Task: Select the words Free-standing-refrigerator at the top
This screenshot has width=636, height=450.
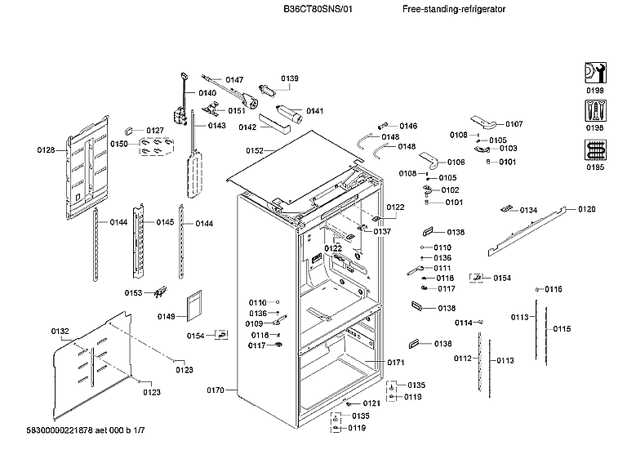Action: pos(454,9)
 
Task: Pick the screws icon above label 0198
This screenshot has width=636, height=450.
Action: pos(595,112)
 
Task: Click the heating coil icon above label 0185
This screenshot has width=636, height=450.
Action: pos(595,152)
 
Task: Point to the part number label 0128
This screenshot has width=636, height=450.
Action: pos(46,149)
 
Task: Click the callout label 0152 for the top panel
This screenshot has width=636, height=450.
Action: pos(255,151)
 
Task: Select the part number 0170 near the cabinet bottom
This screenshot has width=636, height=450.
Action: pos(214,391)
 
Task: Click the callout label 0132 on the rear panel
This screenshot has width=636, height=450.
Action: pos(60,331)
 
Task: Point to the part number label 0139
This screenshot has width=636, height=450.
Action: pos(290,78)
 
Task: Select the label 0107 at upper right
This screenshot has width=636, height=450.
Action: pos(514,124)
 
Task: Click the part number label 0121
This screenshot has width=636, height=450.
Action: pos(371,403)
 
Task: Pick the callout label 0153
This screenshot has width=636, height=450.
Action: pos(133,292)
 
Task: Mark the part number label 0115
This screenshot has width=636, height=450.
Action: pos(562,329)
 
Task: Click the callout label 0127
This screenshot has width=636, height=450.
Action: pos(155,130)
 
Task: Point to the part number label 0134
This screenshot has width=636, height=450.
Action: pos(528,210)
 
